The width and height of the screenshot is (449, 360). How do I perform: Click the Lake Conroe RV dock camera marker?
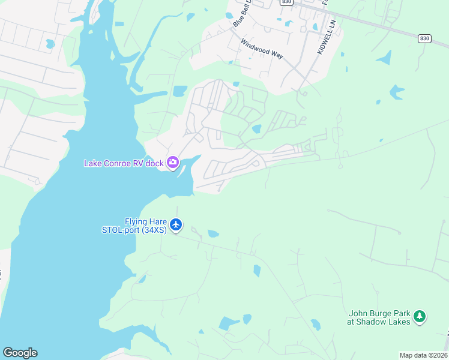(173, 162)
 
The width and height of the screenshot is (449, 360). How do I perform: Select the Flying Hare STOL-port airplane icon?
(176, 225)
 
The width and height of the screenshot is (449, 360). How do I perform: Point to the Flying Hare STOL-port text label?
(145, 226)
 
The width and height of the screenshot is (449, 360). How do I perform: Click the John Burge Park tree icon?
(420, 316)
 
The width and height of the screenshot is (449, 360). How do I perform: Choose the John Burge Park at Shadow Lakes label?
(379, 317)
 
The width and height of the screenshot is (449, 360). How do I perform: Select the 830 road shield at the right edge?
(424, 38)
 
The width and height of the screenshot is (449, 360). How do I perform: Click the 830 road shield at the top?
(286, 2)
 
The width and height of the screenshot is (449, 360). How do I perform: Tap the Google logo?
(20, 353)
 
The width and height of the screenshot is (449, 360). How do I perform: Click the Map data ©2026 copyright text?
(423, 355)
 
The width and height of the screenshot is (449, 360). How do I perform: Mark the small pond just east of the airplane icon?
(213, 233)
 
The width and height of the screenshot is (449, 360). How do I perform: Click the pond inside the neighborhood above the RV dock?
(257, 128)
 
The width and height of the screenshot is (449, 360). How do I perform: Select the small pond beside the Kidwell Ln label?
(315, 26)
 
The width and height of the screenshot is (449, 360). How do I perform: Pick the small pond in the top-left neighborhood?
(50, 44)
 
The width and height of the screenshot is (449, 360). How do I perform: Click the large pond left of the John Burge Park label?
(228, 323)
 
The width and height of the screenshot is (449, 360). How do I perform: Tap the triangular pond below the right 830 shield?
(384, 58)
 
